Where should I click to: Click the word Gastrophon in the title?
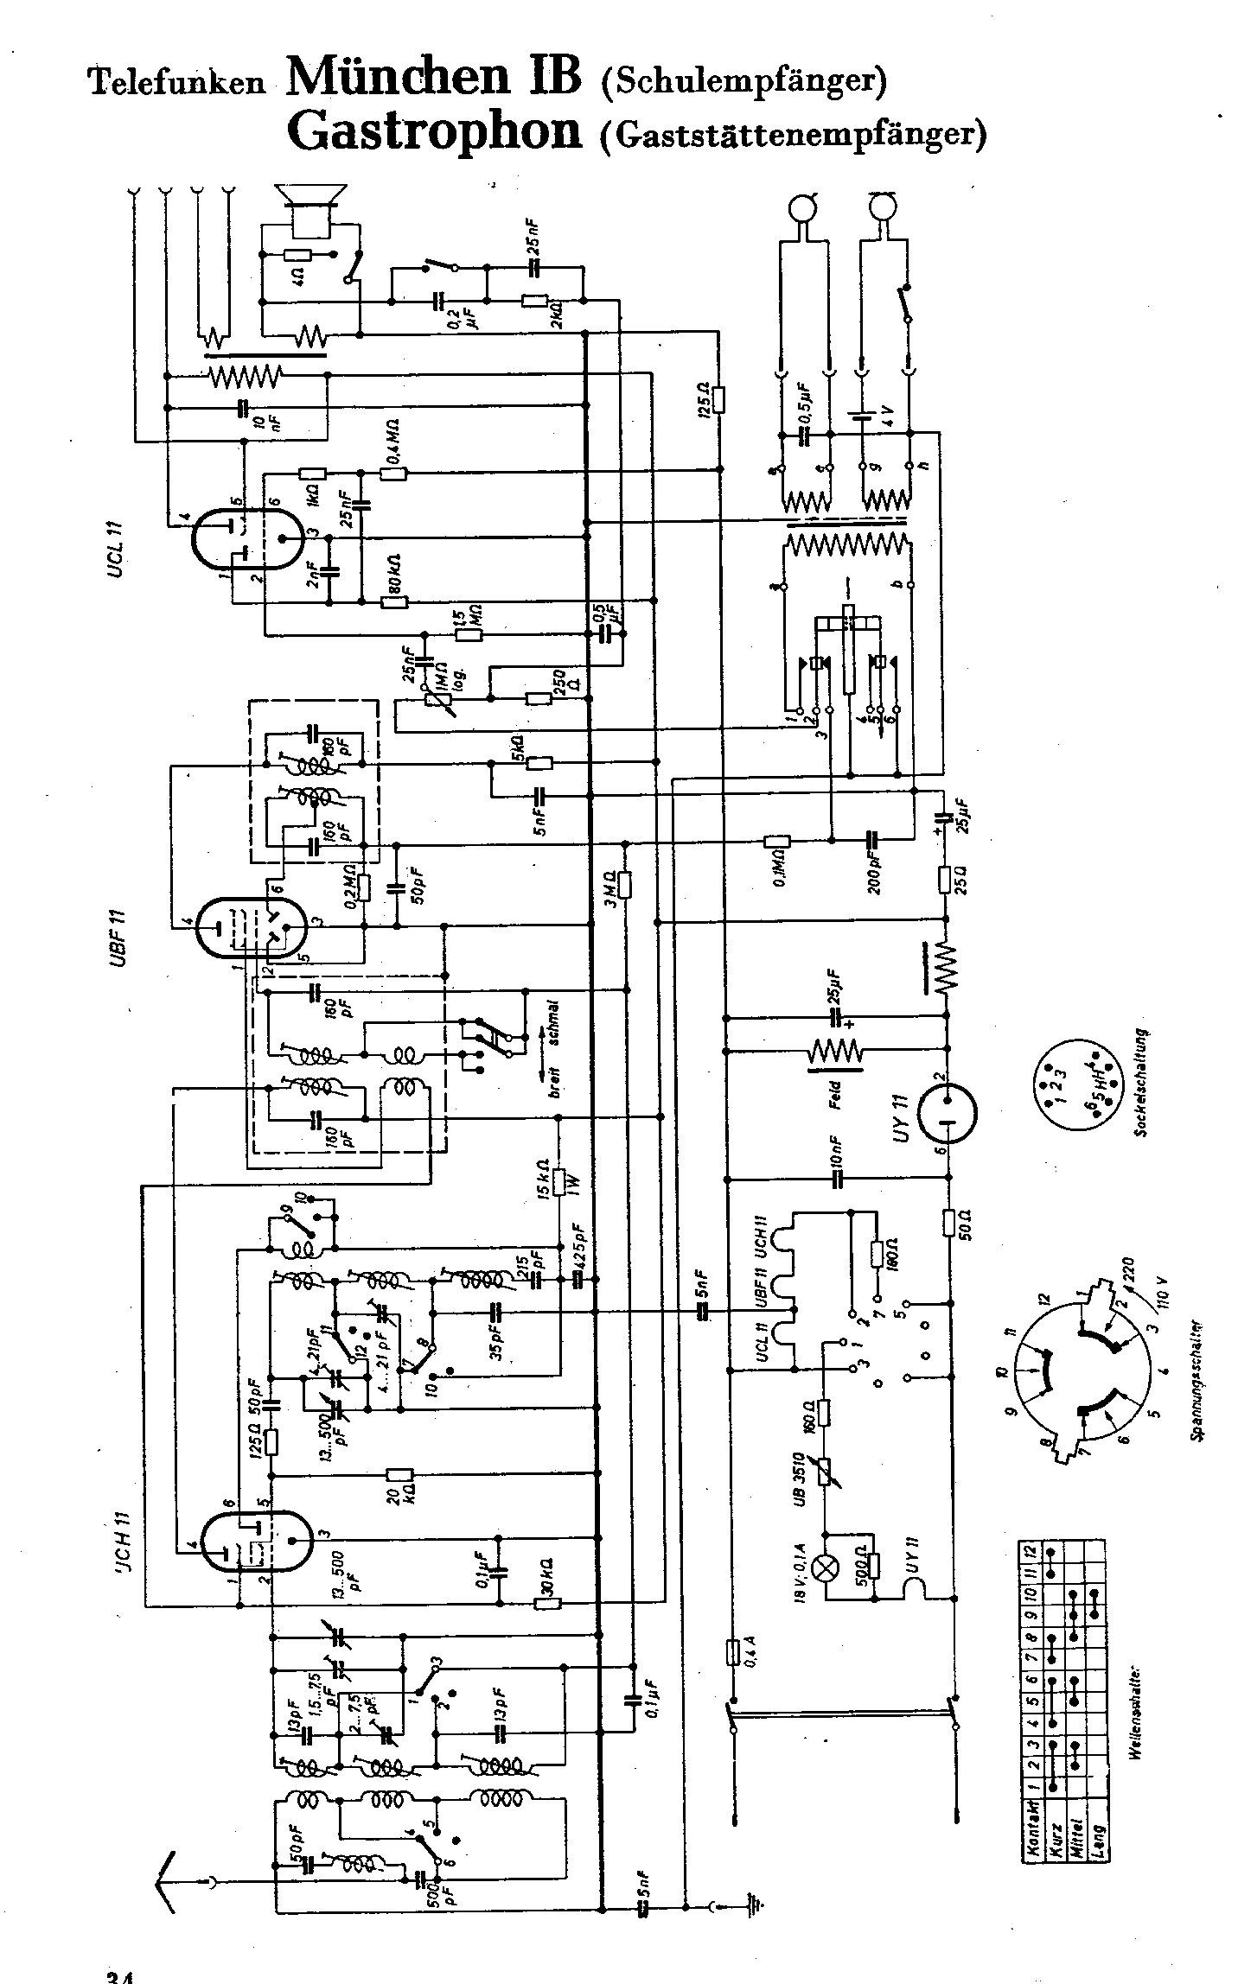coord(435,130)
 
